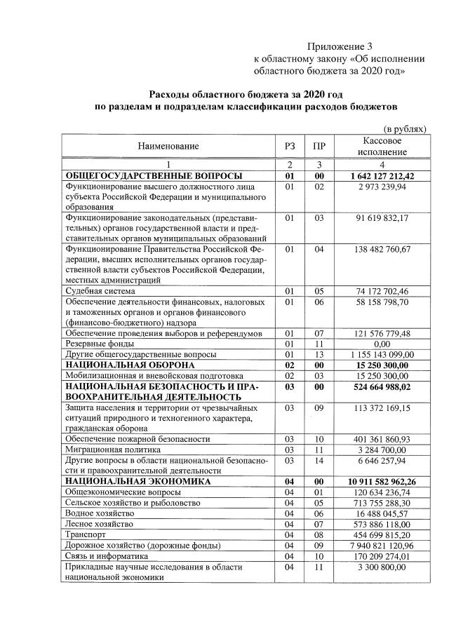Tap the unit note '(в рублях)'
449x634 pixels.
pos(404,129)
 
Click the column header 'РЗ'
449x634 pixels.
pos(290,146)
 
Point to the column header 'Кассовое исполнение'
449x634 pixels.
pos(382,146)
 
